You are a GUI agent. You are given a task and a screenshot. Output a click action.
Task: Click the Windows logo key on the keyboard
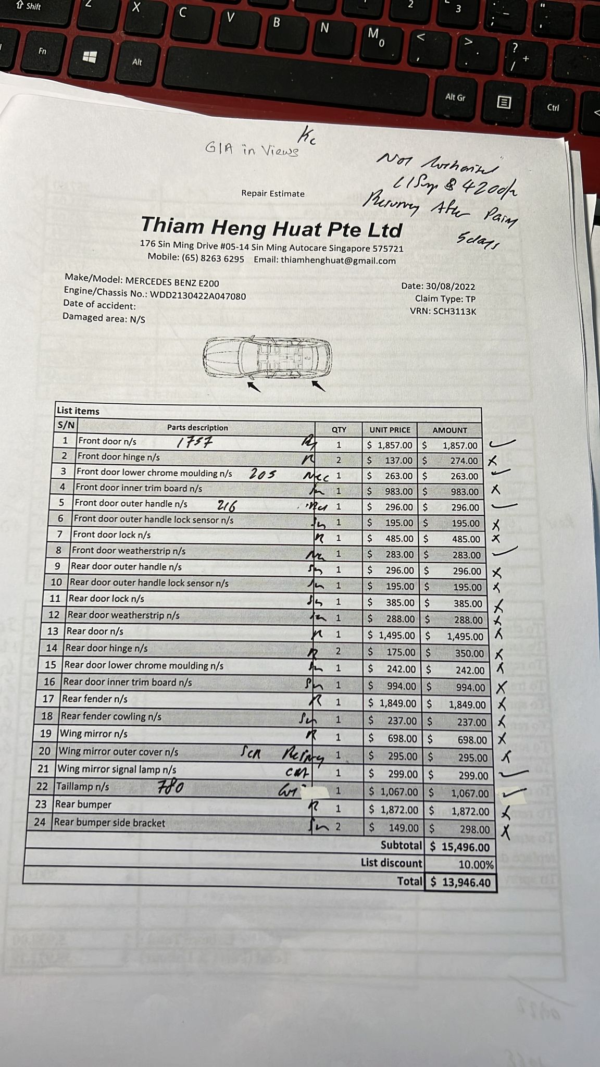tap(90, 57)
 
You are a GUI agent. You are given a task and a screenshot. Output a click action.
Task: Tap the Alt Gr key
tap(455, 97)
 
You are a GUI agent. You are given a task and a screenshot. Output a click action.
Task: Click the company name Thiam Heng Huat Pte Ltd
tap(271, 227)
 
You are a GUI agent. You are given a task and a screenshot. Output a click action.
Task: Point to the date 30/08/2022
tap(450, 286)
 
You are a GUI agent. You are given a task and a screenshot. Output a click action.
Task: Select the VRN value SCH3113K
tap(454, 312)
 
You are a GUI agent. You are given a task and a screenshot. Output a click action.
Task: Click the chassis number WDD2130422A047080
tap(198, 295)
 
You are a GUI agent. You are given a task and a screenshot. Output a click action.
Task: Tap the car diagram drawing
tap(267, 358)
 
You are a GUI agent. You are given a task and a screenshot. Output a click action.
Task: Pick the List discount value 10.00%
tap(476, 864)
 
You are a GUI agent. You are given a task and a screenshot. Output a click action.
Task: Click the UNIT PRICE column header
tap(390, 430)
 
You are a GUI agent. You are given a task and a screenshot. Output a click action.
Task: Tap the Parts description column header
tap(197, 428)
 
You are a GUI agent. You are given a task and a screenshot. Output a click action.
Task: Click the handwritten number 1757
tap(194, 443)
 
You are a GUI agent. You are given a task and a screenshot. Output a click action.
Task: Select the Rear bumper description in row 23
tap(83, 804)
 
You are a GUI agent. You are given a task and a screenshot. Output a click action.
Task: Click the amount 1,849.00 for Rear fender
tap(467, 704)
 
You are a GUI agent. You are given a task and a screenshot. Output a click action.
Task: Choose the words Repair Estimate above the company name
tap(273, 194)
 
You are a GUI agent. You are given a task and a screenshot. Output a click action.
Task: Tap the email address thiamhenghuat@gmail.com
tap(338, 260)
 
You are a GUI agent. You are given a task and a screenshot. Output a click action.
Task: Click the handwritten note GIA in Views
tap(252, 150)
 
